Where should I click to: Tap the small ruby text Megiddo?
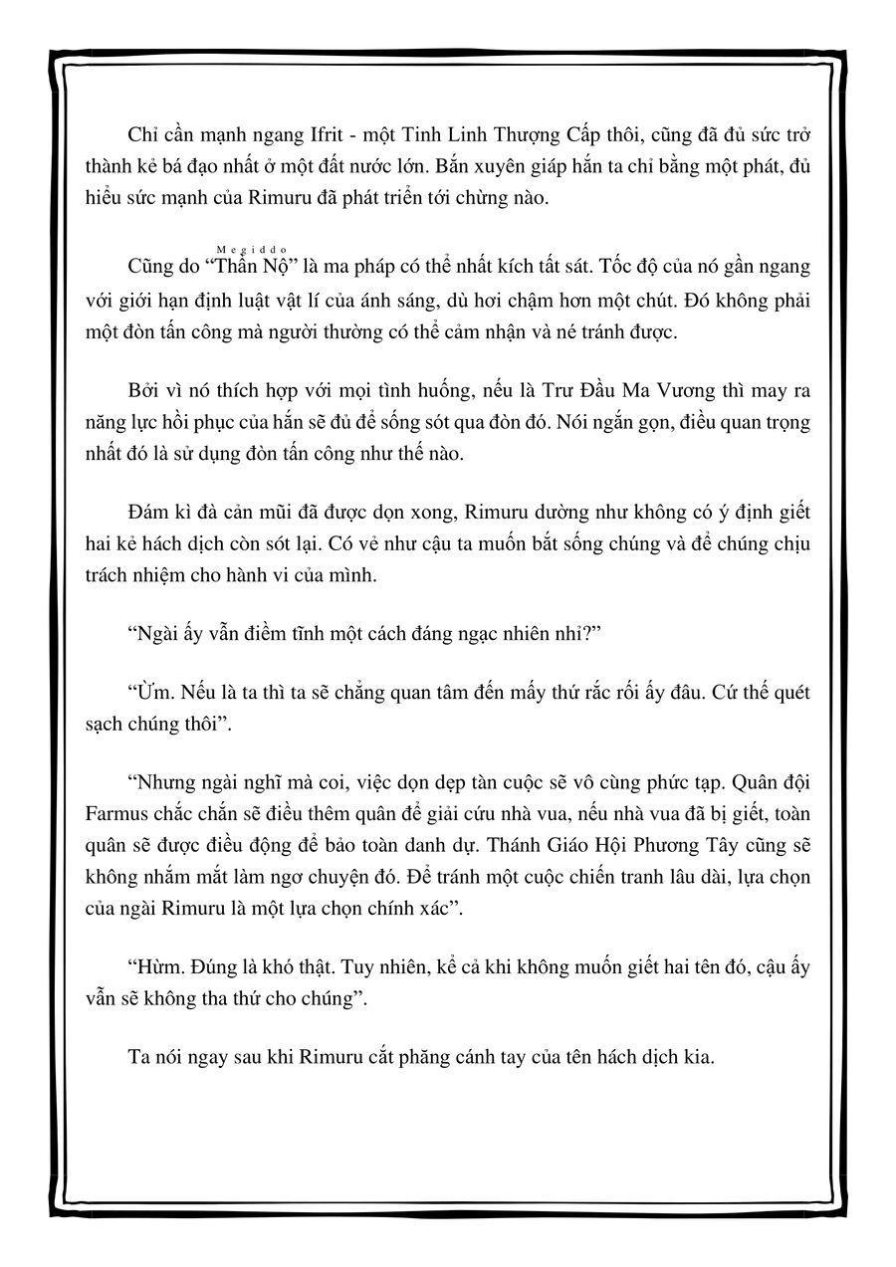252,250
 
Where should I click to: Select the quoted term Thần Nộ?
252,268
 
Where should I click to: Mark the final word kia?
698,1057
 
